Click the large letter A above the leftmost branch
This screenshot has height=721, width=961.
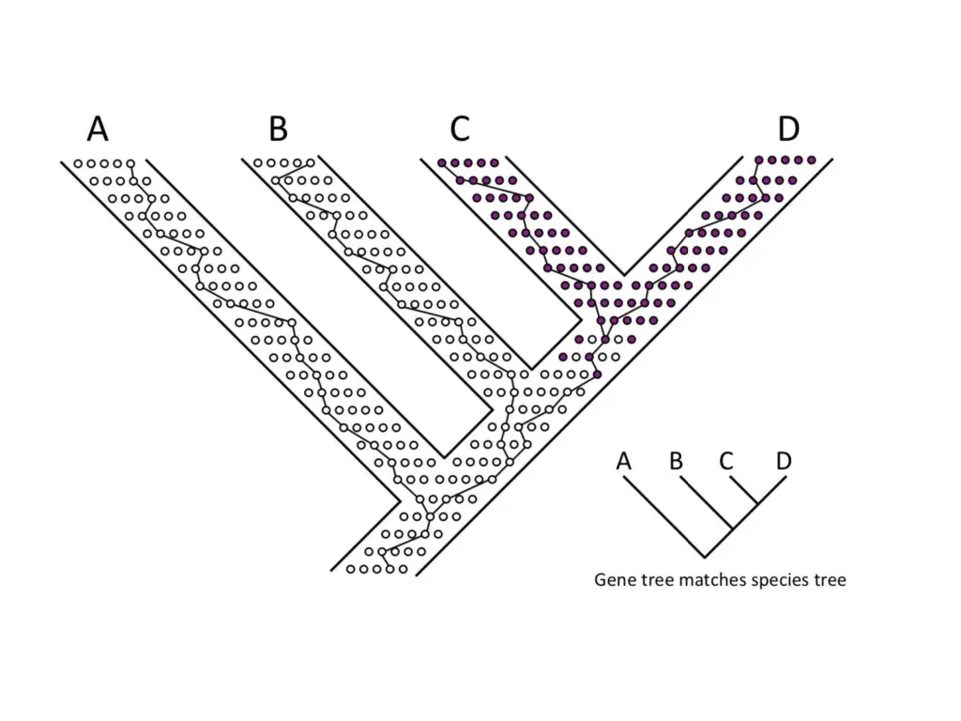pos(98,128)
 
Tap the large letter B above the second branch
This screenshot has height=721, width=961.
pos(279,128)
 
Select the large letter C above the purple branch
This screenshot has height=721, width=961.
pos(459,128)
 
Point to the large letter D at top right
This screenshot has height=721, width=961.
pos(788,128)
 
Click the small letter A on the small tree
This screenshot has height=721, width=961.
pos(624,461)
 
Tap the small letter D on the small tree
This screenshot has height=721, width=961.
pos(785,461)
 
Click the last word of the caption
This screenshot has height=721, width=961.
pos(829,580)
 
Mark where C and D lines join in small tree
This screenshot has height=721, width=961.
pos(758,504)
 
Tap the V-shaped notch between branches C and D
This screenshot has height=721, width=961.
pos(625,274)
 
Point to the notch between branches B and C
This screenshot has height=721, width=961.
pos(532,368)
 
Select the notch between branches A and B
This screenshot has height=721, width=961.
pos(444,456)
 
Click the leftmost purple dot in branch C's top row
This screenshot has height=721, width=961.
pos(443,163)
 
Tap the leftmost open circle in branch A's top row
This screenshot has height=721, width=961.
pos(79,163)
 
